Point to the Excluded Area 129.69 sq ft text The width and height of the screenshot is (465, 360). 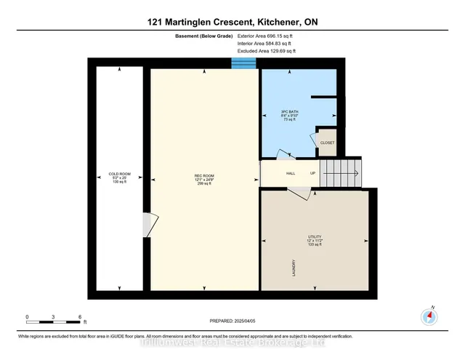pos(267,51)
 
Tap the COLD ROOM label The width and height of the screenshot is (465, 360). pos(119,175)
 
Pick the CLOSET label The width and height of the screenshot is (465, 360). pos(327,143)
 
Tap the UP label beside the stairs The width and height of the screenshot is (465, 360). pos(313,174)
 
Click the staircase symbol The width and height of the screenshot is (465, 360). pos(341,173)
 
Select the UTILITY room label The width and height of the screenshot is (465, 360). pos(314,237)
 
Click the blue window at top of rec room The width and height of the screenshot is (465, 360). pos(243,64)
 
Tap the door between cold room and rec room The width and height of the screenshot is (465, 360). pos(147,225)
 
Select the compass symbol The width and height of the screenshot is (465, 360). pos(430,316)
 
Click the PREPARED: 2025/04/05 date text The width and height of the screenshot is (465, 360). pos(232,321)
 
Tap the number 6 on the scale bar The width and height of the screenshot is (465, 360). pos(79,317)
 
